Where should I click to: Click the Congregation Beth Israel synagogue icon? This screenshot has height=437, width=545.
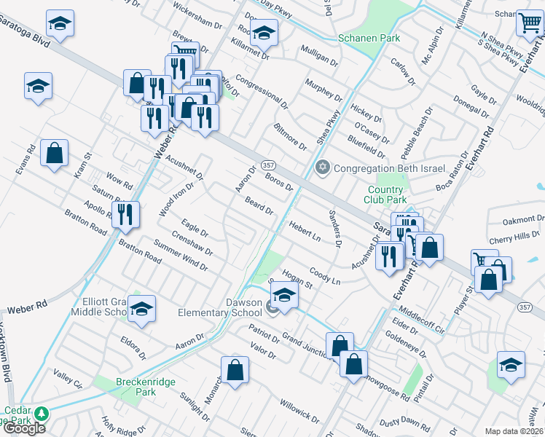click(x=323, y=168)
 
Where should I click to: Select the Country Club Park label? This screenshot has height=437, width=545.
click(x=385, y=194)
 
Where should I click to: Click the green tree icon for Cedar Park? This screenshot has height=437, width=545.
click(x=42, y=414)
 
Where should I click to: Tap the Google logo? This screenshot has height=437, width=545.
click(x=24, y=428)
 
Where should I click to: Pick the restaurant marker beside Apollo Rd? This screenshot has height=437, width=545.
click(x=128, y=213)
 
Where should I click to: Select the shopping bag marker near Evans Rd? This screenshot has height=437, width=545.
click(x=55, y=153)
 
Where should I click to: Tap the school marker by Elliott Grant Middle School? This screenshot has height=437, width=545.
click(x=142, y=308)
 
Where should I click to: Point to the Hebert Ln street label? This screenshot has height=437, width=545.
click(x=305, y=230)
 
